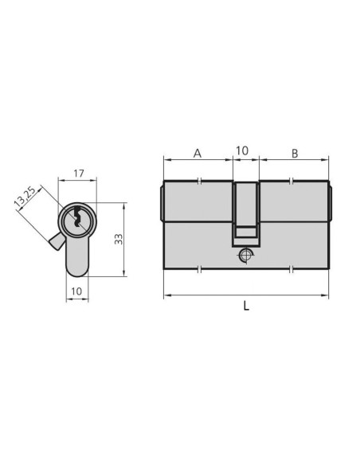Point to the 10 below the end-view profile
coord(76,291)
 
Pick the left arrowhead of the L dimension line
coord(166,296)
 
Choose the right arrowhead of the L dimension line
coord(326,296)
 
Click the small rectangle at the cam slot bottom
coord(245,232)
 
